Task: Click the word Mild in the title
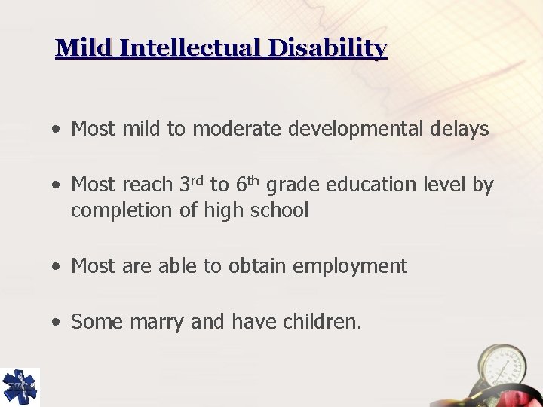[x=84, y=49]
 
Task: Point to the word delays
[x=460, y=129]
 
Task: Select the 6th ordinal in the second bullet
[x=248, y=183]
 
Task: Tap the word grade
[x=290, y=185]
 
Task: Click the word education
[x=365, y=185]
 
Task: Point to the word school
[x=281, y=210]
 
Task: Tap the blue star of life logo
[x=20, y=387]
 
